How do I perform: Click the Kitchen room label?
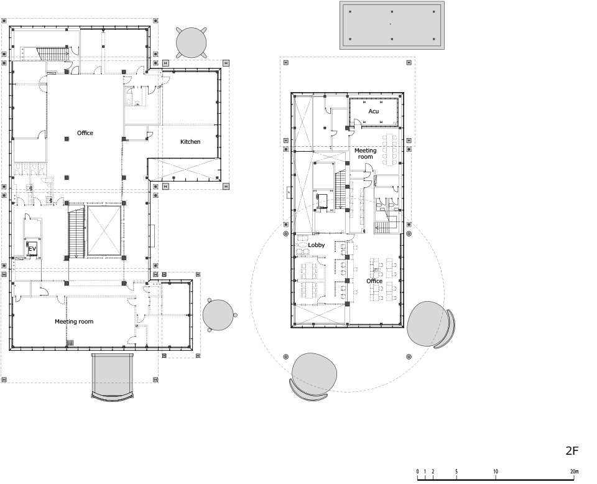click(x=190, y=142)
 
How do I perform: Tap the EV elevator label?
click(x=32, y=249)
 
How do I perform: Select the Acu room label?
click(x=374, y=111)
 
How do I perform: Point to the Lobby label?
click(x=317, y=245)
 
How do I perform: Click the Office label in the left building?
click(x=85, y=133)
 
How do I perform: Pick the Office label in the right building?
click(x=374, y=281)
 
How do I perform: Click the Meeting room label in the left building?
click(x=74, y=322)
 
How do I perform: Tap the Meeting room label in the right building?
click(x=366, y=154)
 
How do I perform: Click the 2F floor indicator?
click(x=572, y=451)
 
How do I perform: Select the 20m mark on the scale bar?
click(x=574, y=472)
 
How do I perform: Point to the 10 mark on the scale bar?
click(x=496, y=472)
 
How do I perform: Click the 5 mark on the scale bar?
click(x=456, y=472)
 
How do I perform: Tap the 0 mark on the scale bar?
click(x=417, y=472)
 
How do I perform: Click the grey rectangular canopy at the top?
click(x=392, y=25)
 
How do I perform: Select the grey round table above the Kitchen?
click(x=192, y=42)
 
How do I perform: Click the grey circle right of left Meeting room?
click(x=218, y=315)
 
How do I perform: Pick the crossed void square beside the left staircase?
click(x=104, y=231)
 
